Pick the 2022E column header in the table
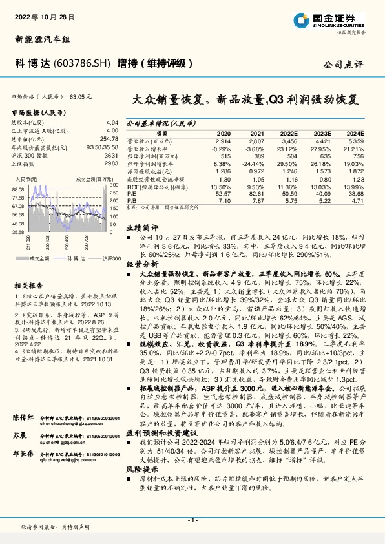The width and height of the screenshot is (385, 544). pyautogui.click(x=291, y=132)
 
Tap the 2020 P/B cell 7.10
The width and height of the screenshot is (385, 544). pyautogui.click(x=224, y=200)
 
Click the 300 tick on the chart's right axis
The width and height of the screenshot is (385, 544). pyautogui.click(x=114, y=185)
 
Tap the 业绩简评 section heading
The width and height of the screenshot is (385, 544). pyautogui.click(x=141, y=227)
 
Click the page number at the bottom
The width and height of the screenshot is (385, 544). pyautogui.click(x=192, y=521)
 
